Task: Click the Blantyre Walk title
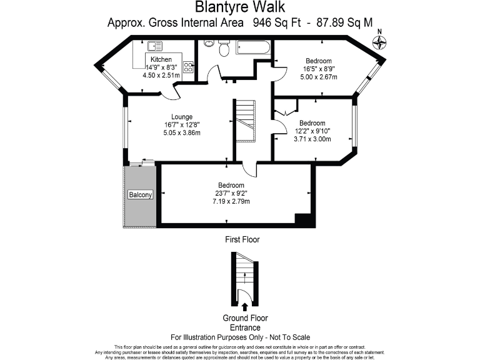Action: pyautogui.click(x=239, y=7)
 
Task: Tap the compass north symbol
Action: pyautogui.click(x=379, y=42)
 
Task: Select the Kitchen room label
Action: pyautogui.click(x=161, y=59)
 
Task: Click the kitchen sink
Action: pyautogui.click(x=154, y=46)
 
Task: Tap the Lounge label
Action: pyautogui.click(x=182, y=116)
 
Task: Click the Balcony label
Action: pyautogui.click(x=140, y=195)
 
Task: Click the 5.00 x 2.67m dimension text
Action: pyautogui.click(x=319, y=77)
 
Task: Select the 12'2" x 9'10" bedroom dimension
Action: pyautogui.click(x=312, y=131)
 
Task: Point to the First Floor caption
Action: pyautogui.click(x=242, y=239)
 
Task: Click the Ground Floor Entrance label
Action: pyautogui.click(x=241, y=322)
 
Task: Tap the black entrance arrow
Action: pyautogui.click(x=244, y=307)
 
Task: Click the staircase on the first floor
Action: pyautogui.click(x=244, y=122)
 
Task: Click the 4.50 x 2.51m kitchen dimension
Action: pyautogui.click(x=161, y=75)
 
